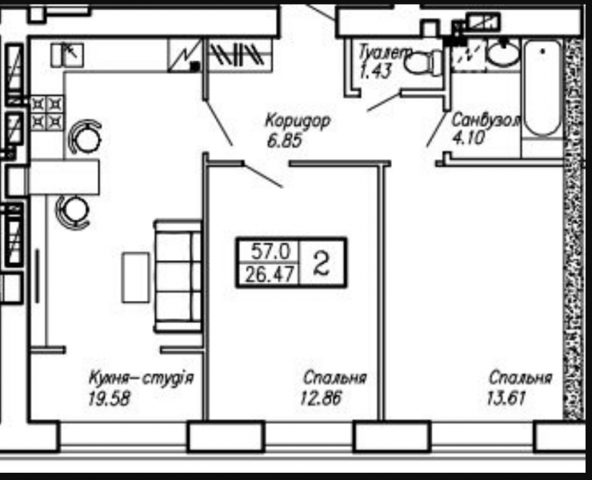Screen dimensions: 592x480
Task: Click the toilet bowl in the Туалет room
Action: click(423, 62)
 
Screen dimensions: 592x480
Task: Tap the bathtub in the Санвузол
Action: click(543, 88)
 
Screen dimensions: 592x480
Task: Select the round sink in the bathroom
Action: click(502, 53)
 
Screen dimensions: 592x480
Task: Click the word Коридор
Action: click(298, 122)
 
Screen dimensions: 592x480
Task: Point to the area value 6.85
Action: click(285, 142)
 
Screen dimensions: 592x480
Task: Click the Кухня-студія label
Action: click(142, 378)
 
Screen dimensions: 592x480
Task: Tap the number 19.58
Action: click(109, 398)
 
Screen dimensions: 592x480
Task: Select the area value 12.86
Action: click(321, 398)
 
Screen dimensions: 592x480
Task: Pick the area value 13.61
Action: click(506, 398)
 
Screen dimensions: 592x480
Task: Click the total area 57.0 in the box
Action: click(270, 251)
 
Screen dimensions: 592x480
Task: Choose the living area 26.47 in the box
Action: click(269, 274)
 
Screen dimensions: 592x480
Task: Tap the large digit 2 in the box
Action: click(322, 263)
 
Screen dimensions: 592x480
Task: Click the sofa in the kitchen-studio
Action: click(178, 276)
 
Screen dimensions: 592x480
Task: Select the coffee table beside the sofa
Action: click(135, 278)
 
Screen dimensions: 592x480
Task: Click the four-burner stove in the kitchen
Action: click(47, 113)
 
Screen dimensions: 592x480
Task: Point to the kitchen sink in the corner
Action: click(67, 55)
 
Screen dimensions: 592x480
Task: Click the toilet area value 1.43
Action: click(376, 70)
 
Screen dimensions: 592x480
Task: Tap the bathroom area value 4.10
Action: click(468, 138)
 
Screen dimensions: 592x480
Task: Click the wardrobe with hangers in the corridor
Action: click(238, 55)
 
